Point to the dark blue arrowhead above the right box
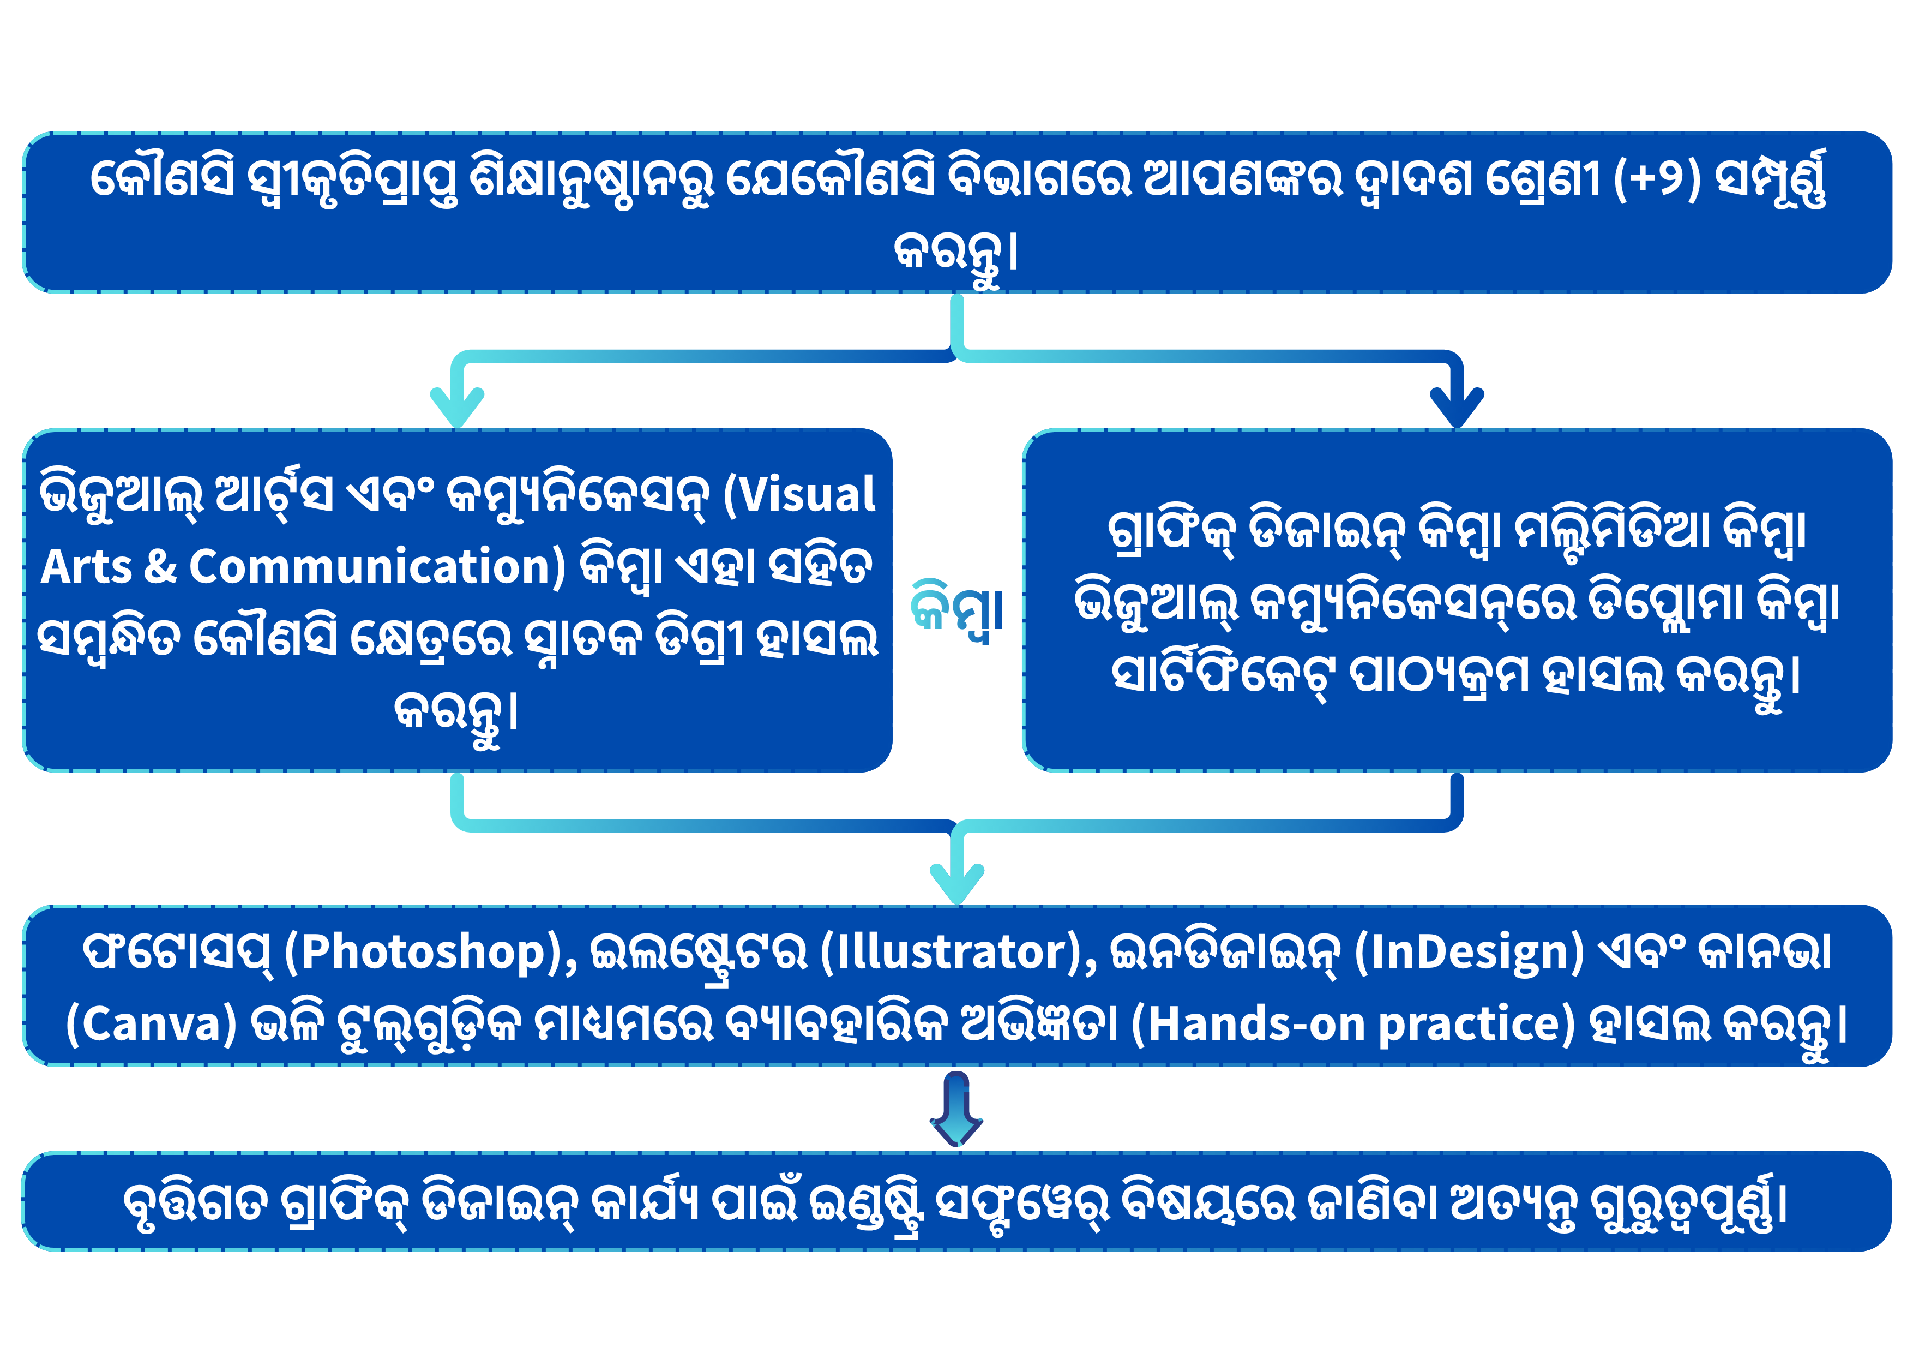1457,406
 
